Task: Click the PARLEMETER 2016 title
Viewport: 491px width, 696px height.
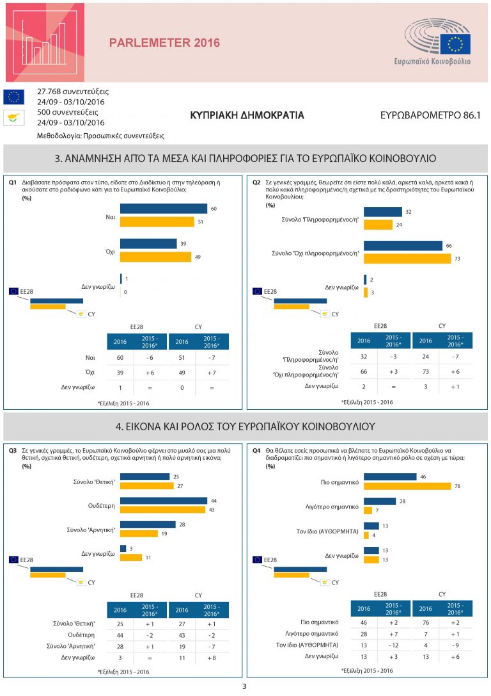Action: pyautogui.click(x=164, y=43)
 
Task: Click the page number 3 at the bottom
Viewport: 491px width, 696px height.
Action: pyautogui.click(x=244, y=687)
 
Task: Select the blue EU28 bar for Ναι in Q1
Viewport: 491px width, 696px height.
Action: pyautogui.click(x=164, y=209)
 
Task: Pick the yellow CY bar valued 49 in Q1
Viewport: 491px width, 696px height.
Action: pyautogui.click(x=155, y=257)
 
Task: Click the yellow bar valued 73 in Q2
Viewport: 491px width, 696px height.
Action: pyautogui.click(x=407, y=258)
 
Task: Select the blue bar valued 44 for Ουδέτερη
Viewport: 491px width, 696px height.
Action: pyautogui.click(x=164, y=501)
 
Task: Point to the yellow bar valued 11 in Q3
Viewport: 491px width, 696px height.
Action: pyautogui.click(x=131, y=557)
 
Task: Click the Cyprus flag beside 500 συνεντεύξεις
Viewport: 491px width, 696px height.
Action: pyautogui.click(x=14, y=117)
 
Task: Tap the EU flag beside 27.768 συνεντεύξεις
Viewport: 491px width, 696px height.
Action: pyautogui.click(x=14, y=97)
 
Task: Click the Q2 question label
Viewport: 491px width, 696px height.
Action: pyautogui.click(x=256, y=182)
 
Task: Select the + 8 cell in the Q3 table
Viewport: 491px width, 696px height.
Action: pyautogui.click(x=212, y=657)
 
